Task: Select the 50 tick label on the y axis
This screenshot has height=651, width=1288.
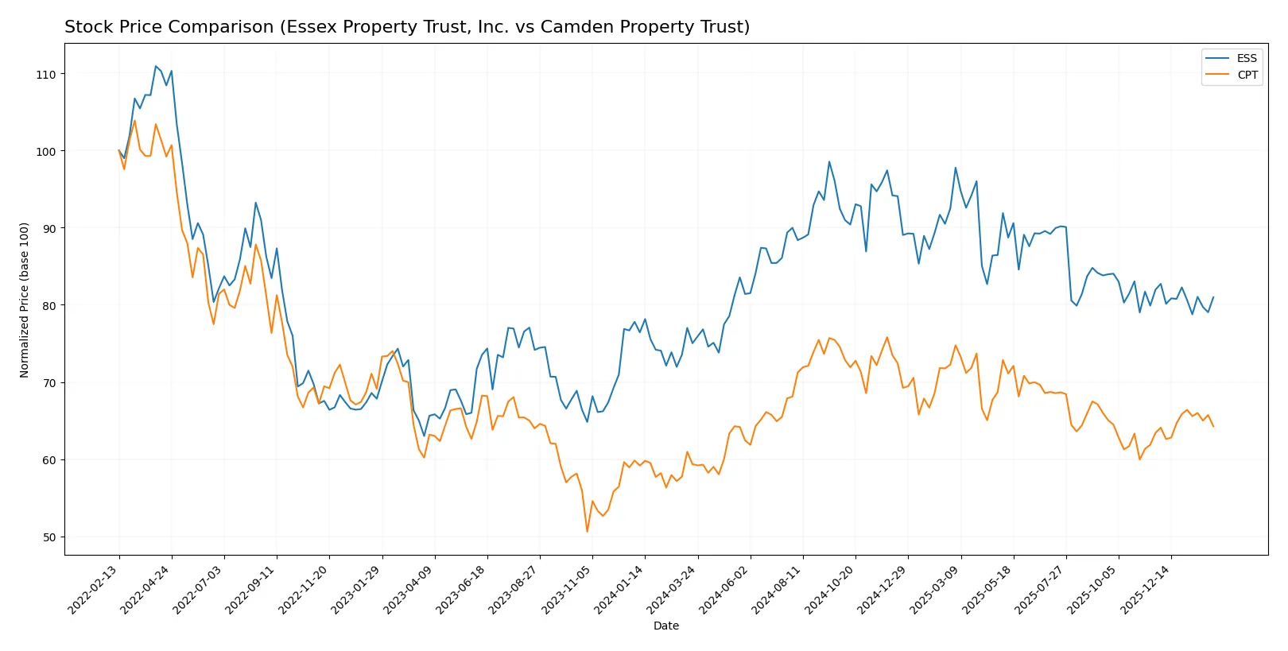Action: pos(49,537)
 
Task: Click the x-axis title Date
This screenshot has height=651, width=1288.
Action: pos(665,626)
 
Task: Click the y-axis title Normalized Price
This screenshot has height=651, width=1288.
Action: pos(25,300)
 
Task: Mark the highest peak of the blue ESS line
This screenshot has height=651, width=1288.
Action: pos(156,66)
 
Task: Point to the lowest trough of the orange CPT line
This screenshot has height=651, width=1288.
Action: pos(588,532)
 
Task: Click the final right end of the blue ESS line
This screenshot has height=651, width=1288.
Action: pos(1213,297)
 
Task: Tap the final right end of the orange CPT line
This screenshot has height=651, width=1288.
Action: pos(1213,427)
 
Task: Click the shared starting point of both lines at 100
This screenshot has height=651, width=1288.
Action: pos(119,151)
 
